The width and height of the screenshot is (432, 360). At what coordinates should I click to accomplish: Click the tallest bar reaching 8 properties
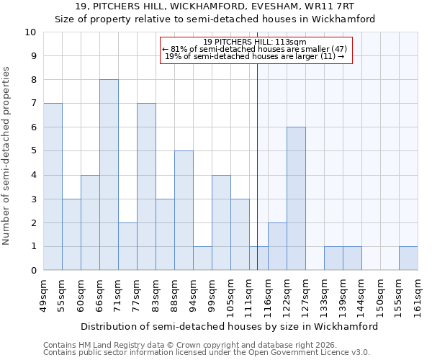click(x=109, y=175)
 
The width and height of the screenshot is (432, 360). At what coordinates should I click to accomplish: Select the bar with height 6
click(x=296, y=199)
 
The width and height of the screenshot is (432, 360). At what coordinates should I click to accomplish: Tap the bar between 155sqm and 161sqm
click(x=408, y=258)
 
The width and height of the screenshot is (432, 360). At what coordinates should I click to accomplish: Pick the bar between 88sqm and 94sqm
click(x=184, y=210)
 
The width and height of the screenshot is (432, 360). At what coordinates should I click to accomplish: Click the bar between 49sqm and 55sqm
click(x=53, y=186)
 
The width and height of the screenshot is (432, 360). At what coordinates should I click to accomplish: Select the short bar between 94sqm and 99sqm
click(x=202, y=258)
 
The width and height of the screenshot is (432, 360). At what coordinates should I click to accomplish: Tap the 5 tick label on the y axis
click(x=32, y=151)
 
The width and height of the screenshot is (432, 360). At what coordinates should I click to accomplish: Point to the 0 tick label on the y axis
click(x=32, y=271)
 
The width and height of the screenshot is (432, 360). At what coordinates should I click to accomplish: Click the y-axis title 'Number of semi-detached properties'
click(x=7, y=156)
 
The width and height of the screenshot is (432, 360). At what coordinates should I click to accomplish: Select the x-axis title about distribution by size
click(x=229, y=326)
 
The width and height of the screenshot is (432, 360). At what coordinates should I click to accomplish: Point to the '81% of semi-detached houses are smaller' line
click(x=254, y=49)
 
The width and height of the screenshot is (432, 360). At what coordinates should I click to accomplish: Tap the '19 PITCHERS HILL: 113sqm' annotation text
click(x=254, y=42)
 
